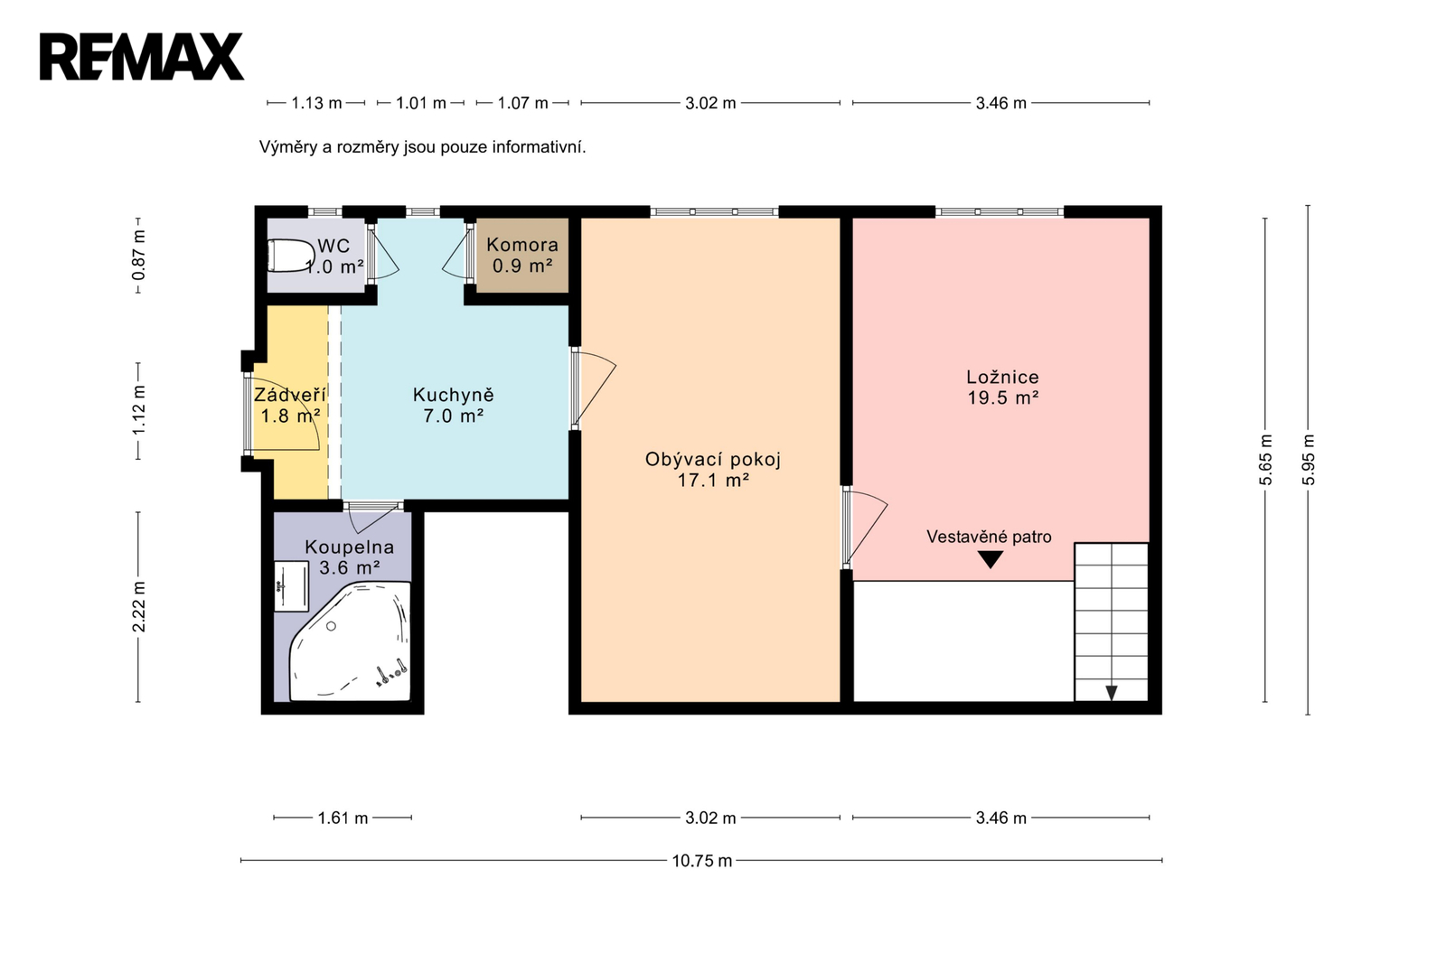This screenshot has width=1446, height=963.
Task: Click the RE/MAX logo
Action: tap(142, 57)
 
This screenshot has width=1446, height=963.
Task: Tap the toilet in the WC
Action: tap(290, 256)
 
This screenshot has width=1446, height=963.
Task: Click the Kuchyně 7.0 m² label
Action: tap(453, 405)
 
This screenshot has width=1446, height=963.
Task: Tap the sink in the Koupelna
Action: tap(291, 586)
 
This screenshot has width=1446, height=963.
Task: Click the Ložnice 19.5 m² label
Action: tap(1002, 387)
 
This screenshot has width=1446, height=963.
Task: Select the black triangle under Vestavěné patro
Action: tap(991, 559)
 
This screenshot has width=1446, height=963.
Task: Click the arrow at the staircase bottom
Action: tap(1111, 693)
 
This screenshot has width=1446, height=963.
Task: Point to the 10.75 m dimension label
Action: tap(701, 860)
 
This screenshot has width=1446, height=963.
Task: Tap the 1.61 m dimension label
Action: tap(343, 818)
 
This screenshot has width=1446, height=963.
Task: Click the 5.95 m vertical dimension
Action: tap(1308, 460)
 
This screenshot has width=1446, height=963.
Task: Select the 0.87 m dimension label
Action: tap(138, 255)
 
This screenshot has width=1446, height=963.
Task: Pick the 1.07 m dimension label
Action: tap(523, 103)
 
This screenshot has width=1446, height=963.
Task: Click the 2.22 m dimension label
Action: tap(138, 607)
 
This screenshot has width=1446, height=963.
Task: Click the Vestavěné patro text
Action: tap(989, 537)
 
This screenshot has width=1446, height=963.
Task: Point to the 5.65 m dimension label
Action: tap(1265, 460)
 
